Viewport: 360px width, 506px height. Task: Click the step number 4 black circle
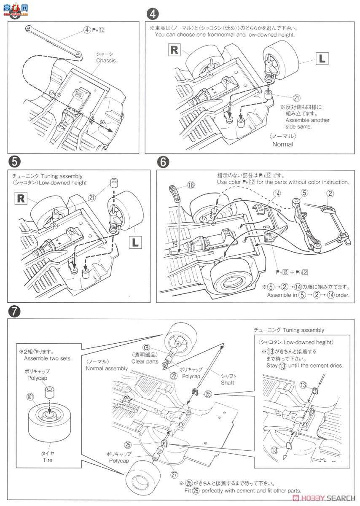tap(152, 14)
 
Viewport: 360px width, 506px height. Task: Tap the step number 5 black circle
tap(14, 162)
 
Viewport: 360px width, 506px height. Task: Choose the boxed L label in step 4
tap(322, 59)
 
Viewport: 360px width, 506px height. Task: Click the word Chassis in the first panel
tap(106, 61)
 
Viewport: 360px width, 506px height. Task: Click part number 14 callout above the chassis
tap(265, 194)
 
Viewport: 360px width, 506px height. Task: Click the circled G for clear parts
tap(146, 347)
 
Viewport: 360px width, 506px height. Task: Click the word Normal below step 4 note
tap(282, 144)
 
